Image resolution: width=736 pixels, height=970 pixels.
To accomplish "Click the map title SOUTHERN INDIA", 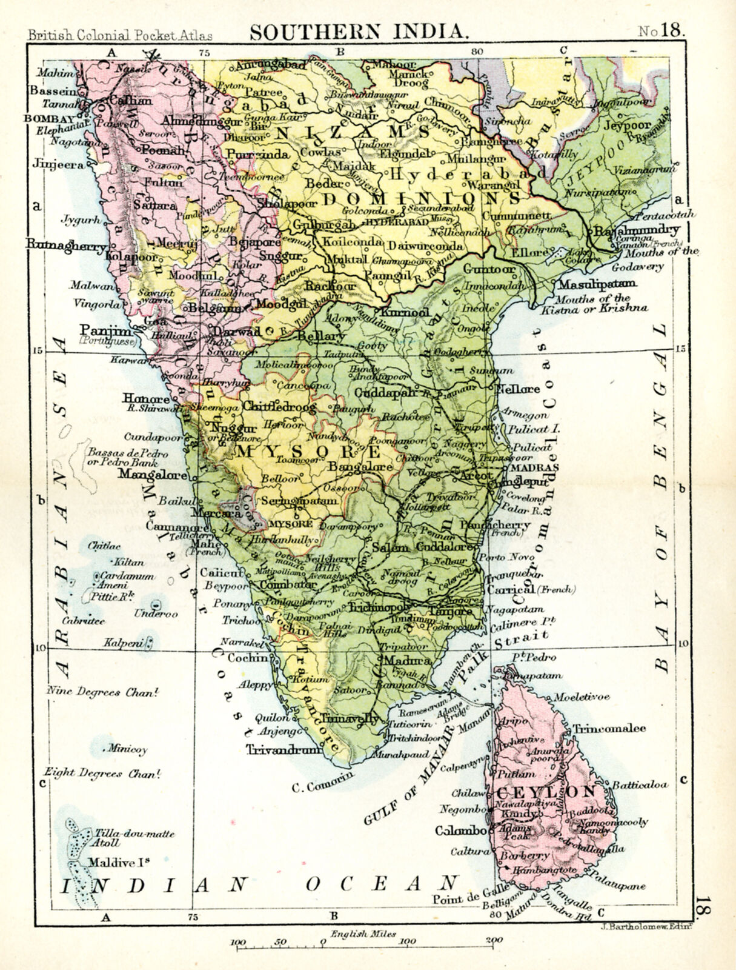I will [x=359, y=32].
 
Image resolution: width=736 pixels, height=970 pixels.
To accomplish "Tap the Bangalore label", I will [x=360, y=467].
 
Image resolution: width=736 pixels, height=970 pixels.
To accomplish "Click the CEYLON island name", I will [x=546, y=792].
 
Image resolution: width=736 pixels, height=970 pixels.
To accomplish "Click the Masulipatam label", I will [x=597, y=284].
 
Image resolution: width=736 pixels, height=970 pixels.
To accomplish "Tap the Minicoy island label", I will [x=127, y=749].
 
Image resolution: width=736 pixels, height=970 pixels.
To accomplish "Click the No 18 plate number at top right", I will [x=661, y=32].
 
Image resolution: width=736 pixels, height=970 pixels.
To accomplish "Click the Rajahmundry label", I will [x=636, y=231].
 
